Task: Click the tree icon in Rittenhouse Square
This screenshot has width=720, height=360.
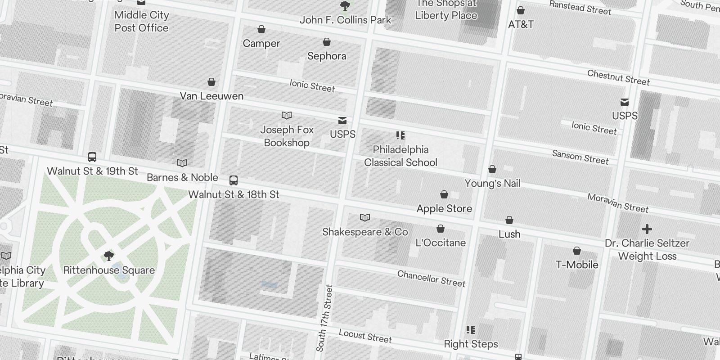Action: [x=108, y=256]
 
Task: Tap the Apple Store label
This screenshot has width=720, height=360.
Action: [x=444, y=208]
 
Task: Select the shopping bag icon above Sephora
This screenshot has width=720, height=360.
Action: [x=327, y=42]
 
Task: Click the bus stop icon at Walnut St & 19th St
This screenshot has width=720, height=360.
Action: [x=92, y=157]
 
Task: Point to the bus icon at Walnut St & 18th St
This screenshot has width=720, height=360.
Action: [x=234, y=180]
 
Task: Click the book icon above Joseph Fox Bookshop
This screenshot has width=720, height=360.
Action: [x=287, y=116]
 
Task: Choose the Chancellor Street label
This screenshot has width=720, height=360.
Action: [x=431, y=279]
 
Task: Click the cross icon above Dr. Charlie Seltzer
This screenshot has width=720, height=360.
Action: [x=647, y=229]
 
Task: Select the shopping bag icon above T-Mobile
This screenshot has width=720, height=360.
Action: [x=577, y=251]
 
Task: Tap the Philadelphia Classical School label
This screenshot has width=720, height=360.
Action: [x=400, y=156]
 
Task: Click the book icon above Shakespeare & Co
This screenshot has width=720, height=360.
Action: [x=365, y=218]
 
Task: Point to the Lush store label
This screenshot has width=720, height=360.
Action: [x=509, y=234]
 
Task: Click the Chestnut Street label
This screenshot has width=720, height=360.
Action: [x=618, y=77]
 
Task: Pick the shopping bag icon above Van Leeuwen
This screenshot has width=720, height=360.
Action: [x=211, y=82]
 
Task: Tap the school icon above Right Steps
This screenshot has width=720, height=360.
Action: [x=471, y=330]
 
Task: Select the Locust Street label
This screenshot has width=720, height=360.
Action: [x=365, y=336]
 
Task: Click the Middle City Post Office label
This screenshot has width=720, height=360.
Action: [x=141, y=21]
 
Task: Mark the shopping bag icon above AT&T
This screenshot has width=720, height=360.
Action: [x=521, y=10]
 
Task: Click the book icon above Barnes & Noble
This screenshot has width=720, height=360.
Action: [x=182, y=163]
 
